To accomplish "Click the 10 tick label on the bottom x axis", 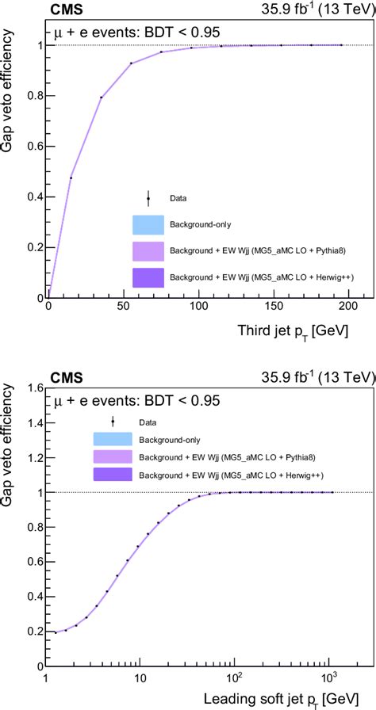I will click(x=140, y=678).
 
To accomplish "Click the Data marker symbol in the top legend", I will click(x=148, y=199).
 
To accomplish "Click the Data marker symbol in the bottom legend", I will click(x=113, y=422).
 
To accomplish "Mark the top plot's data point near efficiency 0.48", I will click(x=71, y=177).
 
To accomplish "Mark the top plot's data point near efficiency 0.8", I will click(x=101, y=97).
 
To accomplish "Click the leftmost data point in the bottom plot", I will click(x=55, y=632).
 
